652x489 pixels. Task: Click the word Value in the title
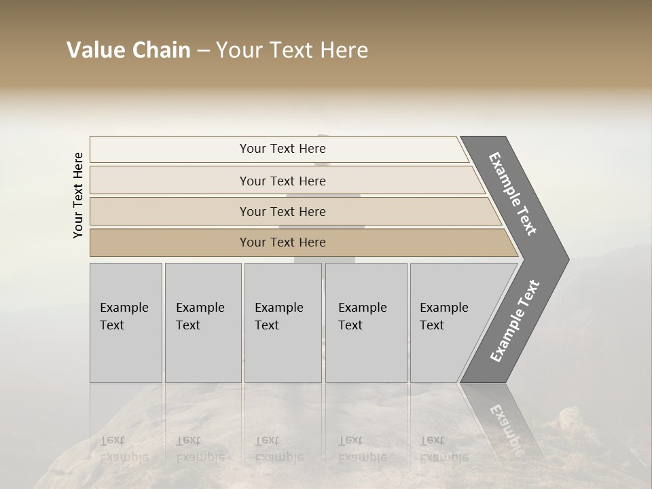[x=94, y=50]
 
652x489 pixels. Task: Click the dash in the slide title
[x=203, y=51]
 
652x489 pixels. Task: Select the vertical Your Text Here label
[x=78, y=195]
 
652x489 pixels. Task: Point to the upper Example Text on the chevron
[x=513, y=194]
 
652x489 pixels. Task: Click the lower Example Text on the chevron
[x=515, y=321]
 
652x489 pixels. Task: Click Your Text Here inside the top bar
[x=283, y=149]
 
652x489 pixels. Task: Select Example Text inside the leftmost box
[x=124, y=316]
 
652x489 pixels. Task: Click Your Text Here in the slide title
[x=293, y=51]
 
